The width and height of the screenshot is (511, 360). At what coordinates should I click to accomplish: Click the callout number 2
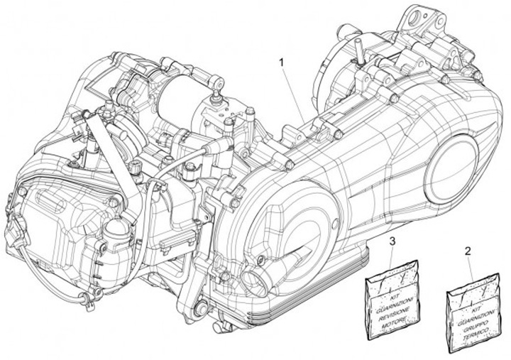coord(467,251)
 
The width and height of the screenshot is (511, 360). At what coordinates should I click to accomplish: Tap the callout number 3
coord(392,244)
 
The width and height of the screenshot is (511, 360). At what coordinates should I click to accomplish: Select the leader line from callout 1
coord(292,93)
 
